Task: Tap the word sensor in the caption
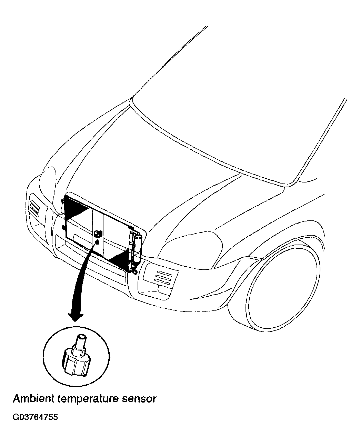tap(139, 399)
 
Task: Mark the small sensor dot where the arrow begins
tap(97, 242)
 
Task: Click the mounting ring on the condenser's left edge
tap(63, 227)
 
